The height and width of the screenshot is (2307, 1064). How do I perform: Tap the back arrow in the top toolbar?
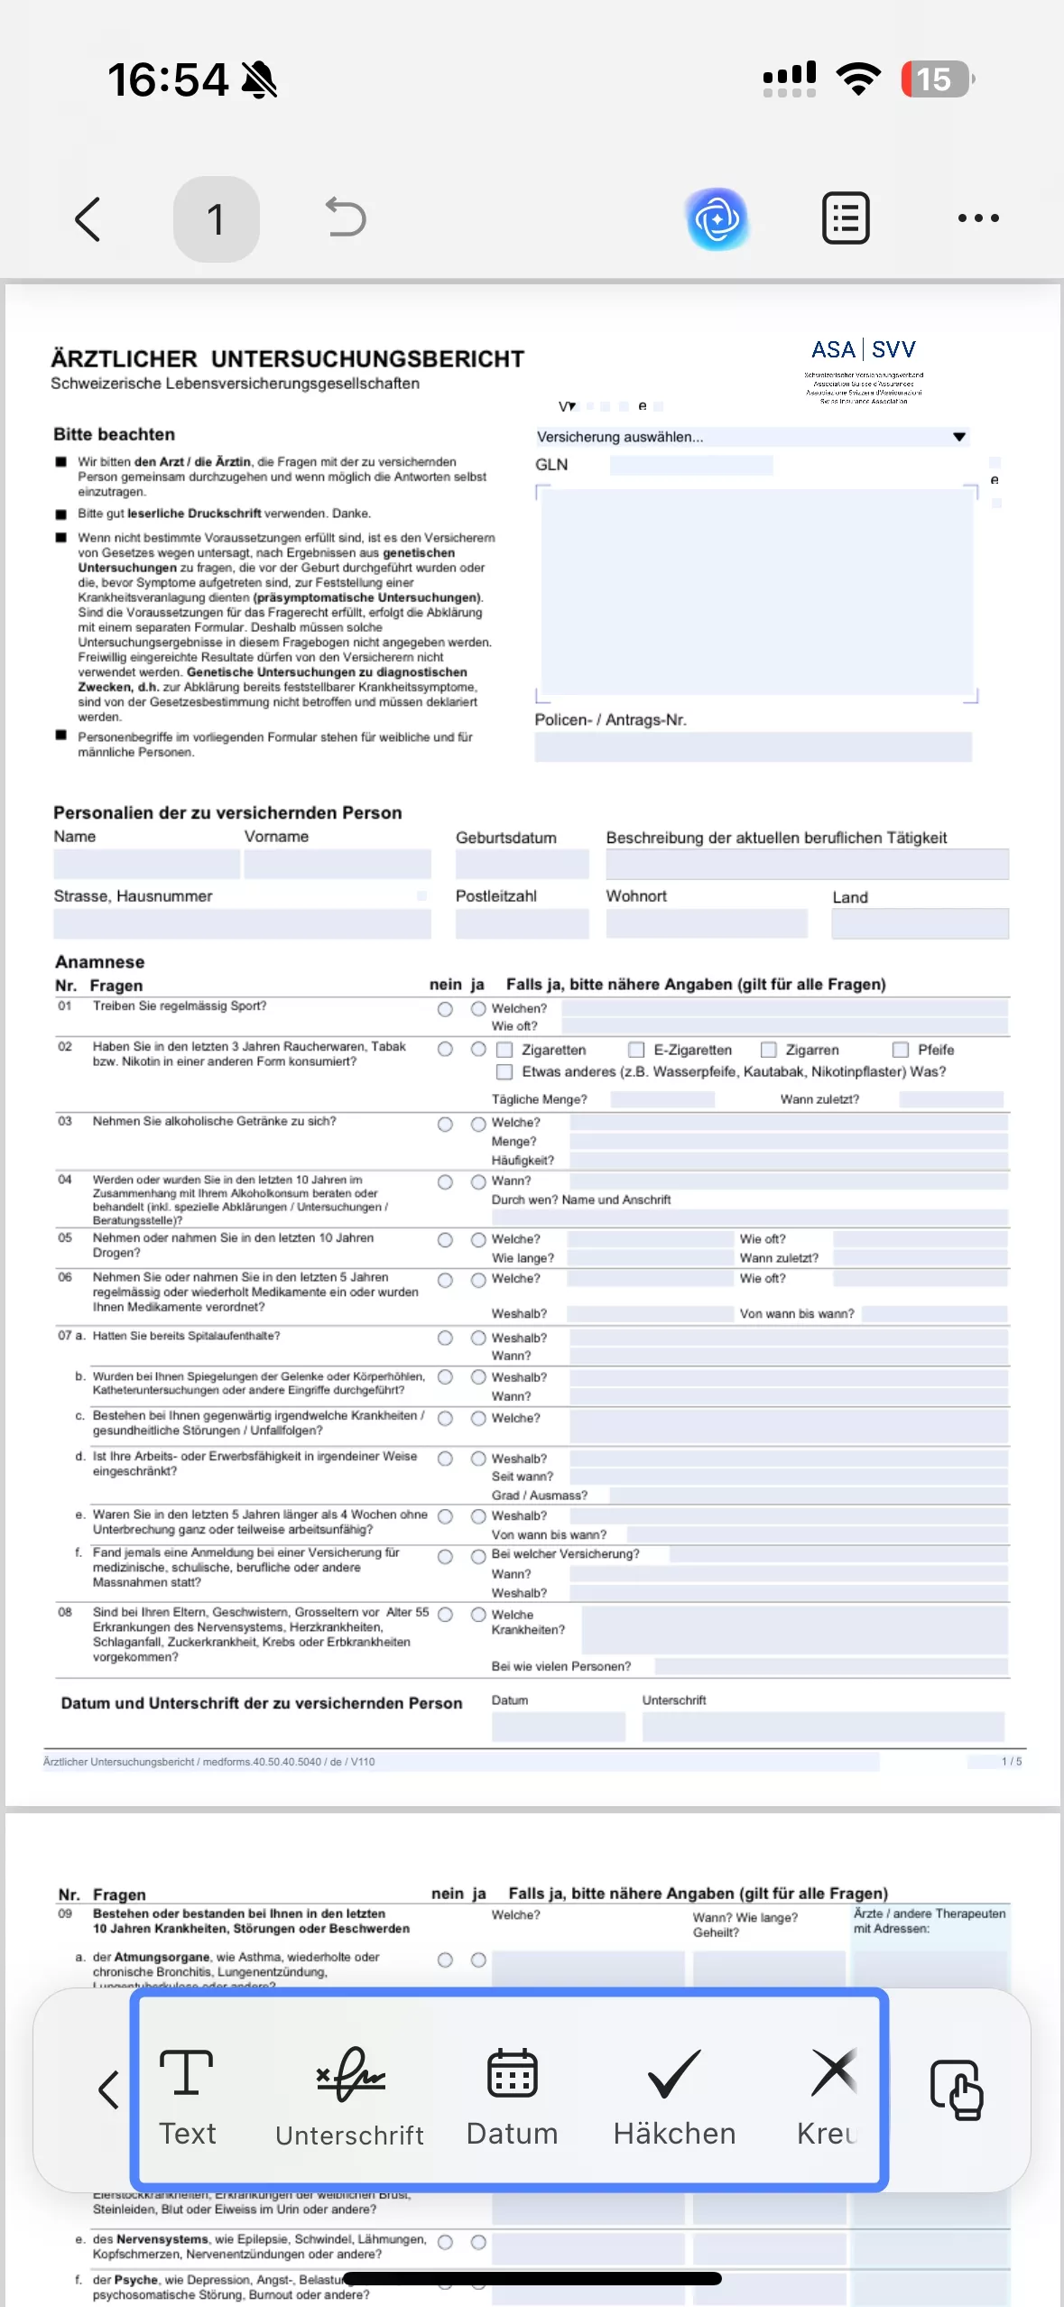pyautogui.click(x=88, y=219)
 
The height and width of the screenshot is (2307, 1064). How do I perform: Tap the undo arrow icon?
pyautogui.click(x=346, y=218)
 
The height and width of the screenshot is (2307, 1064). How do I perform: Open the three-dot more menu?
pyautogui.click(x=978, y=218)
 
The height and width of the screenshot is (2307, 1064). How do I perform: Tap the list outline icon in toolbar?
pyautogui.click(x=846, y=218)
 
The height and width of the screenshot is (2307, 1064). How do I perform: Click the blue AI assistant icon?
pyautogui.click(x=717, y=218)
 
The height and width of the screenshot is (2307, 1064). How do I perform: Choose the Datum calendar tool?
pyautogui.click(x=512, y=2096)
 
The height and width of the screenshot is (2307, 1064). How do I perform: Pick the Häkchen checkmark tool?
pyautogui.click(x=674, y=2096)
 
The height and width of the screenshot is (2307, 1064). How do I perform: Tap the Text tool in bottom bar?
pyautogui.click(x=187, y=2096)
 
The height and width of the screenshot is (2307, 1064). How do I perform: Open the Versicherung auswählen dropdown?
pyautogui.click(x=751, y=437)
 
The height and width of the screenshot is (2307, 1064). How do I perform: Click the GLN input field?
pyautogui.click(x=690, y=465)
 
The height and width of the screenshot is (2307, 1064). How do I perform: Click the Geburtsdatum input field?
pyautogui.click(x=522, y=864)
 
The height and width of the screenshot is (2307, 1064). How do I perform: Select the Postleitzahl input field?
pyautogui.click(x=522, y=923)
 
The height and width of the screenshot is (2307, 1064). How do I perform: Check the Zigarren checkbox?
pyautogui.click(x=769, y=1050)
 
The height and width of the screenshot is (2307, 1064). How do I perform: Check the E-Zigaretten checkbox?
pyautogui.click(x=636, y=1050)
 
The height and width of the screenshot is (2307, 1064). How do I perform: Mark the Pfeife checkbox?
pyautogui.click(x=900, y=1050)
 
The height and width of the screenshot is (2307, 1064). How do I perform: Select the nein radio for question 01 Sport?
pyautogui.click(x=445, y=1009)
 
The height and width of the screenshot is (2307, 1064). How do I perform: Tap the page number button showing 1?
pyautogui.click(x=216, y=219)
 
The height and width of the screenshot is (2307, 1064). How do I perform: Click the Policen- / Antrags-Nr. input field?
pyautogui.click(x=753, y=746)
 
